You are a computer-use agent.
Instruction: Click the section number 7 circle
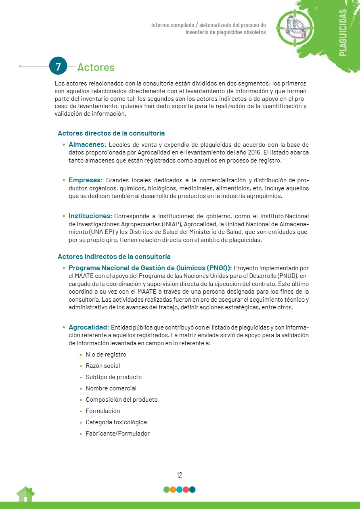58,66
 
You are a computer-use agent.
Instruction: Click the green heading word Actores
96,67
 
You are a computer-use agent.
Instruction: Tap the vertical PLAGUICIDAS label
343,32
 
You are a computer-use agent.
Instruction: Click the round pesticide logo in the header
295,27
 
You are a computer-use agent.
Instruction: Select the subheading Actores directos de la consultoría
111,133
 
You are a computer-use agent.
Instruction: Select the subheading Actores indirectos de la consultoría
114,257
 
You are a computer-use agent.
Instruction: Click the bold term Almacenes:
87,144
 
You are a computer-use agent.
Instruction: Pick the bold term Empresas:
86,180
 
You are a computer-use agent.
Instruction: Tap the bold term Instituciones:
90,216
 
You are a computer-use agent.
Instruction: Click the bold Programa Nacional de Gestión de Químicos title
150,268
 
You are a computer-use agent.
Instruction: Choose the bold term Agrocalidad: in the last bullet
89,327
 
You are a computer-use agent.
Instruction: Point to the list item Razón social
103,366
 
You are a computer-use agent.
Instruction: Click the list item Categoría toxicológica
116,422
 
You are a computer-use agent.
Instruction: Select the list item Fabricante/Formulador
117,434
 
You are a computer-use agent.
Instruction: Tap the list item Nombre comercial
111,388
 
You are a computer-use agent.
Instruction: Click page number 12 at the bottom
180,475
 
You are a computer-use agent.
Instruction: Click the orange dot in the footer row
173,490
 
